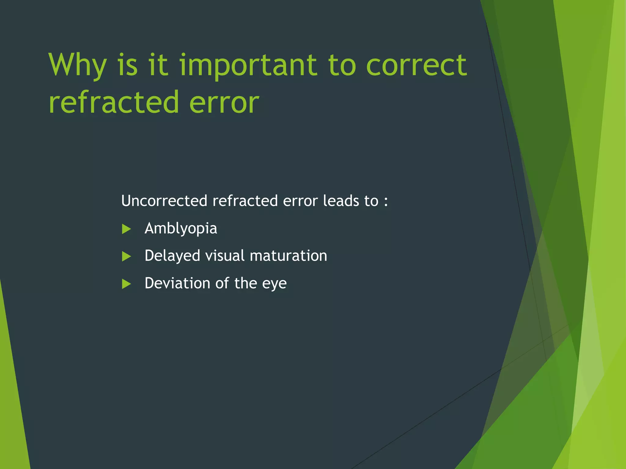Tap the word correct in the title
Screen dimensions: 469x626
click(x=416, y=65)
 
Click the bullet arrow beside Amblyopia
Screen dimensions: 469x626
click(x=126, y=229)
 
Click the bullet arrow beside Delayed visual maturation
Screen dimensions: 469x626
click(x=126, y=256)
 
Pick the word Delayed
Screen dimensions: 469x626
click(x=172, y=256)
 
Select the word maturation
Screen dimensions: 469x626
click(x=288, y=256)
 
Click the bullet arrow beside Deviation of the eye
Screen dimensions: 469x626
click(x=126, y=284)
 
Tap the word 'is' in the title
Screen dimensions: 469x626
click(x=127, y=65)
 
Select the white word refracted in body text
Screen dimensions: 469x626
click(x=245, y=201)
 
